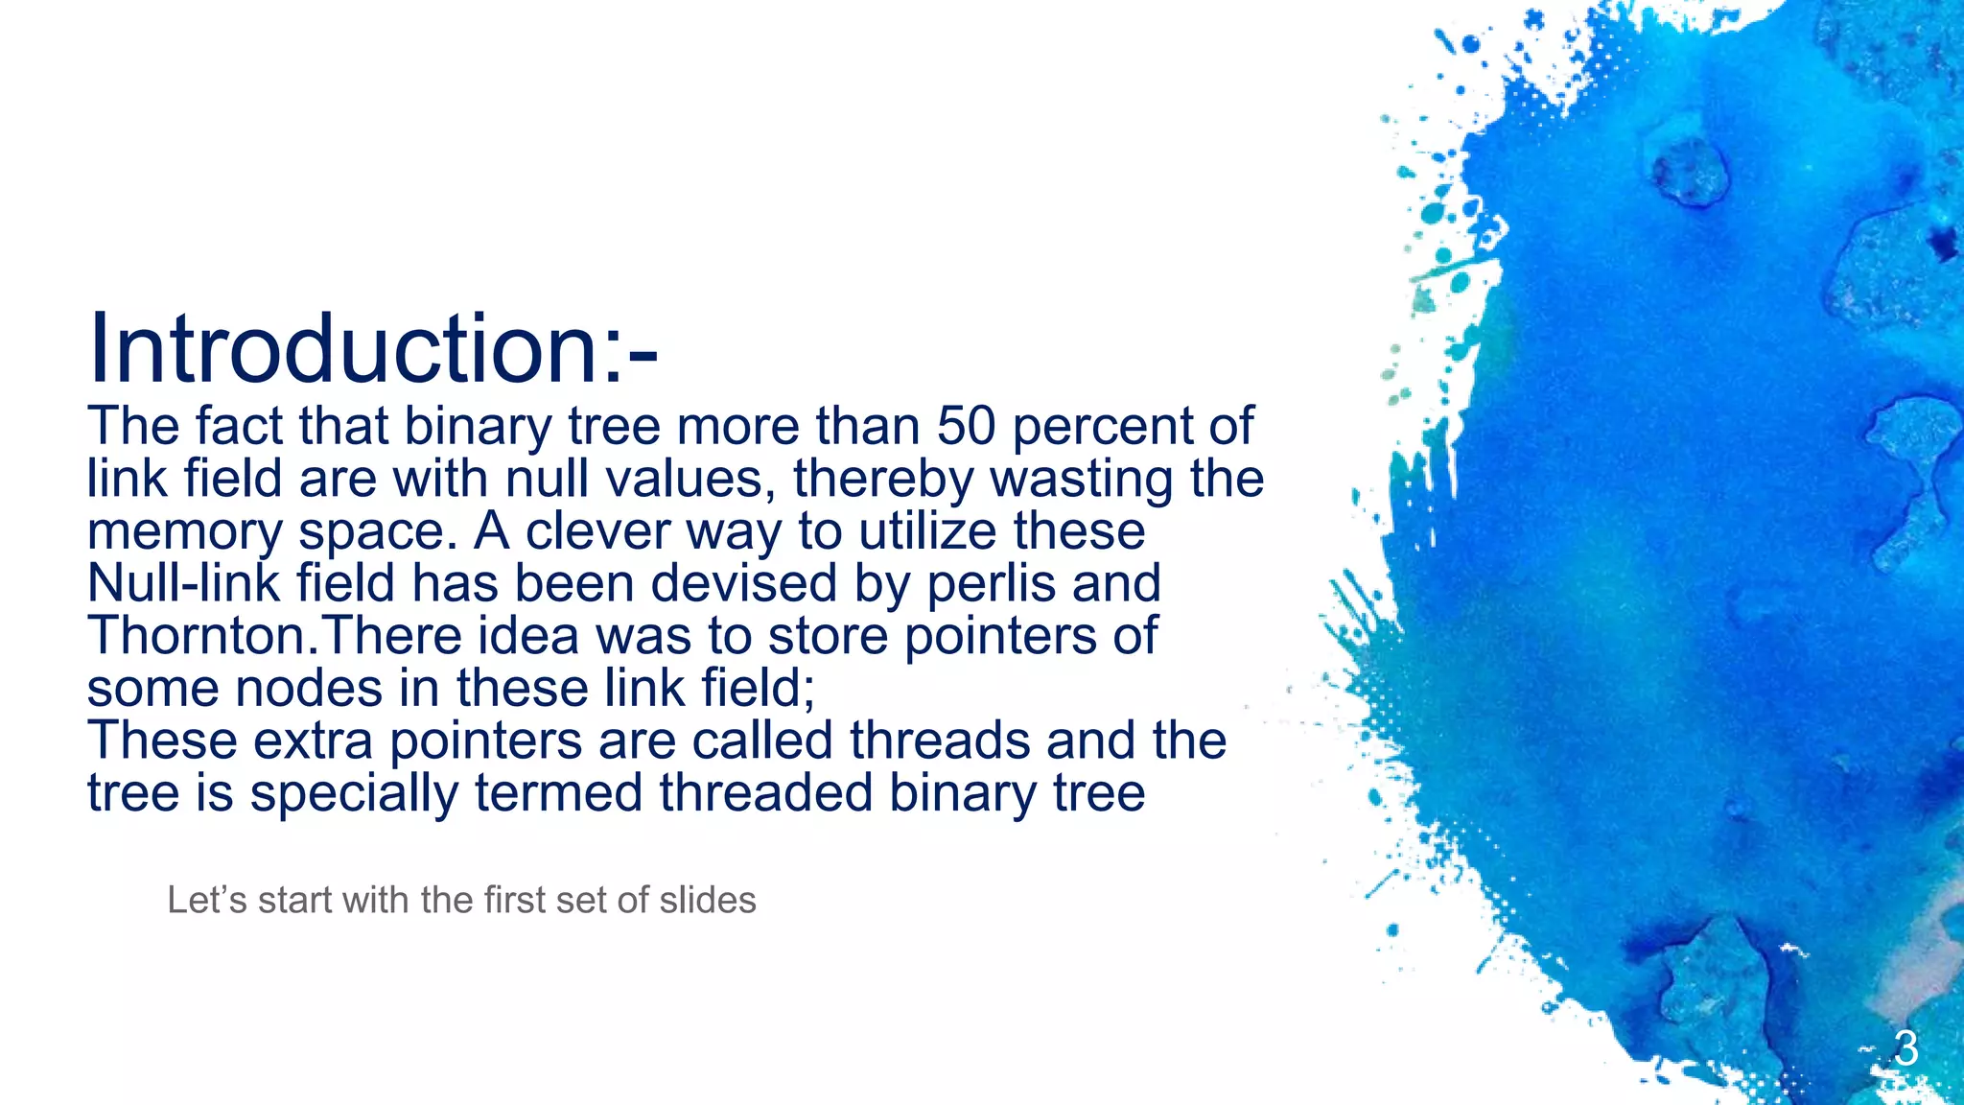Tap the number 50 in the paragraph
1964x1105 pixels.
pos(967,426)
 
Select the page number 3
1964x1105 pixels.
pos(1906,1048)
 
